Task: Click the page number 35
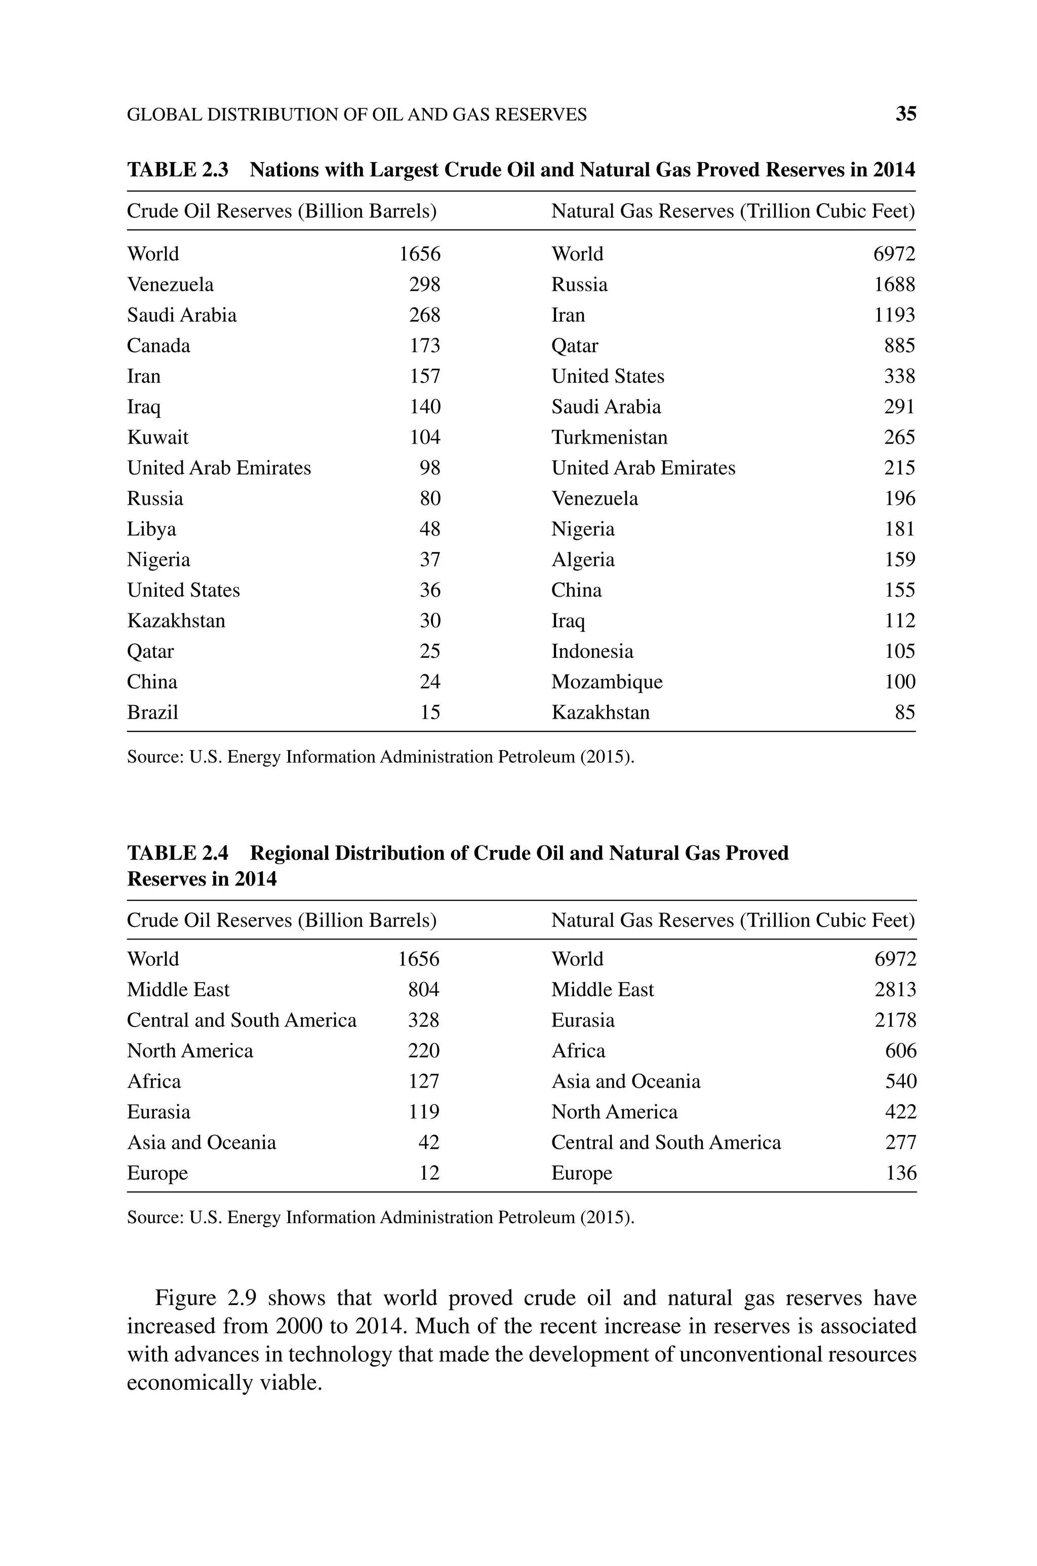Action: (x=905, y=114)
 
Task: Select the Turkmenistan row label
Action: (x=609, y=437)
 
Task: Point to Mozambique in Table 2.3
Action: (x=607, y=682)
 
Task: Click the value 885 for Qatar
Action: (x=899, y=345)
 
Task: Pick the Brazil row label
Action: (x=153, y=712)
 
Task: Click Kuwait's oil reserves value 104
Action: (x=425, y=437)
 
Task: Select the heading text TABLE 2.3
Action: (x=177, y=170)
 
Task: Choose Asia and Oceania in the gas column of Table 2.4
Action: (x=626, y=1081)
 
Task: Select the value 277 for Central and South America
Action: (x=901, y=1142)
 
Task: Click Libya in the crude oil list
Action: (x=151, y=529)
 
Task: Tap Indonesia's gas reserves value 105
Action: (x=899, y=651)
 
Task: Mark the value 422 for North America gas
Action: (x=901, y=1112)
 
